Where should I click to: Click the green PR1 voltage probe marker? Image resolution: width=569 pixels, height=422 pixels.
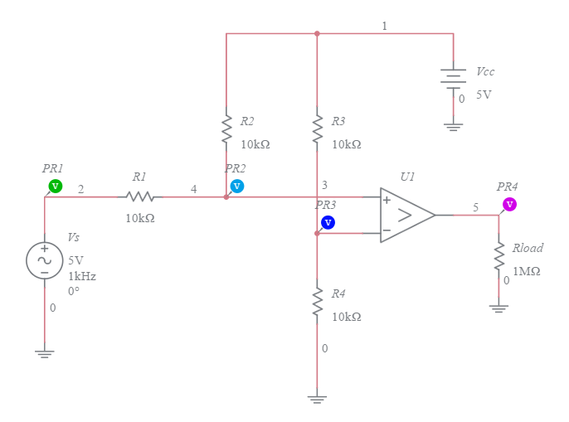(x=55, y=186)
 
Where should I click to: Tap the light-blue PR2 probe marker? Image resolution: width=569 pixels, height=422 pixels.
(x=237, y=186)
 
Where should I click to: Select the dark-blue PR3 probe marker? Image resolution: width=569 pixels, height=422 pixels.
(x=328, y=222)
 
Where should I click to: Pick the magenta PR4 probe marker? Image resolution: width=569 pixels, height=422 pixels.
(x=509, y=204)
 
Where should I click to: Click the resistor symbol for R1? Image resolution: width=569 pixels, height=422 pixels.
(x=140, y=197)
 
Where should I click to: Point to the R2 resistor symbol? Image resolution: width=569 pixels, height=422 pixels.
(x=226, y=129)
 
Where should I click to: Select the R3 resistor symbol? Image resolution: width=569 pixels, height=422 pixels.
(x=317, y=129)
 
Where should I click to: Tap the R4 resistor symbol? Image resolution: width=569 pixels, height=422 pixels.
(x=317, y=301)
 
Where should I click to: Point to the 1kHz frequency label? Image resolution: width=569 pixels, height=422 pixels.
(x=82, y=276)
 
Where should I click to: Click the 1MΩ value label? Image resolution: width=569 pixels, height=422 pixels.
(x=527, y=271)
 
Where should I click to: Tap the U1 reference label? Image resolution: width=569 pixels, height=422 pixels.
(x=407, y=177)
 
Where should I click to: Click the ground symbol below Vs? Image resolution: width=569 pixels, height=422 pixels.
(x=45, y=353)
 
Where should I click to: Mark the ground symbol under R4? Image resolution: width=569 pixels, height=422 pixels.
(x=317, y=399)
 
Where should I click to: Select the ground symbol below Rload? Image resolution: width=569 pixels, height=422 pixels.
(x=499, y=308)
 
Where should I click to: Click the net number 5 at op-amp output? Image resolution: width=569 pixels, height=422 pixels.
(x=476, y=207)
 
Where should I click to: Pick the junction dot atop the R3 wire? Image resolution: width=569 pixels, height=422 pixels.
(x=317, y=34)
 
